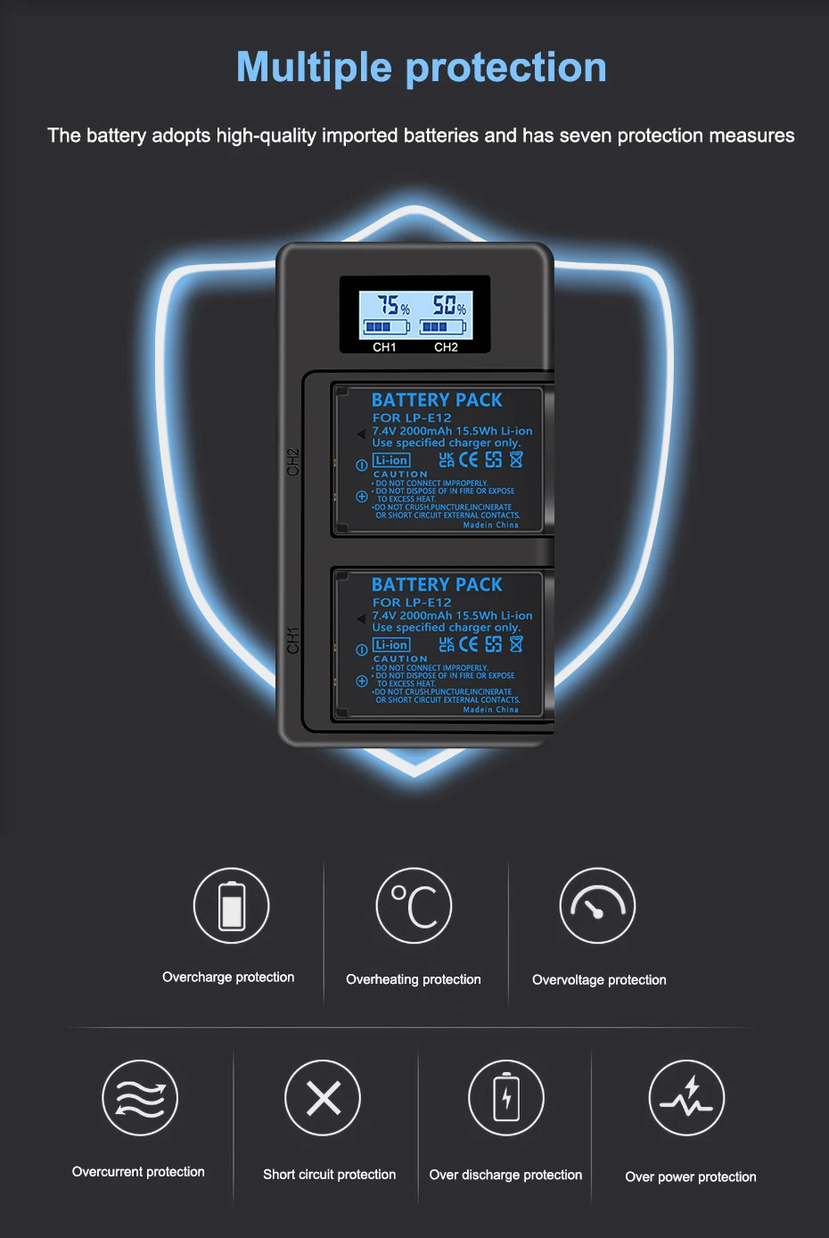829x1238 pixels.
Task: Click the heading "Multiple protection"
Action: (421, 68)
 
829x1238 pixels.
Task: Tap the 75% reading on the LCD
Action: (392, 306)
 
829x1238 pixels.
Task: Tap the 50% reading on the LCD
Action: (448, 306)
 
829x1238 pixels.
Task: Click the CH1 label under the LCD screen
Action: (384, 347)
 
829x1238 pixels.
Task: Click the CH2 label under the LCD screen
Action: (446, 347)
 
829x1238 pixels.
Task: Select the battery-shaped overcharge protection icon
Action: (232, 905)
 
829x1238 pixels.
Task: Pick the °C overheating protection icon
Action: (414, 905)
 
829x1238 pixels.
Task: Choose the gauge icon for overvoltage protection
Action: (597, 905)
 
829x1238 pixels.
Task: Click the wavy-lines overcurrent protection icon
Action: (140, 1098)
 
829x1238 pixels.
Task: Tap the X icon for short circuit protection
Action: (323, 1098)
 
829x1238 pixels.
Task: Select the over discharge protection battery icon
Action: (506, 1098)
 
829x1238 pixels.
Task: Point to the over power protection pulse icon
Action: (686, 1098)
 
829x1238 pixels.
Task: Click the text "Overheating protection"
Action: (414, 979)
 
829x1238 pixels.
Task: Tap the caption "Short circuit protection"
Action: (329, 1175)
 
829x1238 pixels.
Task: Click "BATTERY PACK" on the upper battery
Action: (437, 400)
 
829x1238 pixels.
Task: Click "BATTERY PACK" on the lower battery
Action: (437, 585)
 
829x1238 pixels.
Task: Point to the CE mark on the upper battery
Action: (469, 459)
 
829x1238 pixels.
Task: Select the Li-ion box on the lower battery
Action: (391, 645)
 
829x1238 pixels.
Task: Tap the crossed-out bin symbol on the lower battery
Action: (516, 644)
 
